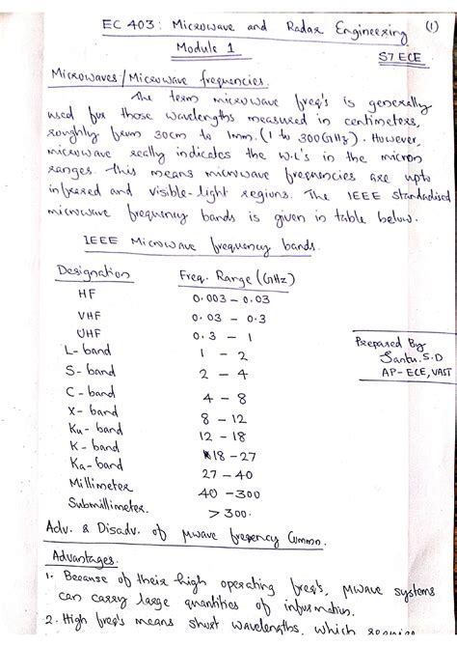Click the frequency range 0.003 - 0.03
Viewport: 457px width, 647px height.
click(x=230, y=298)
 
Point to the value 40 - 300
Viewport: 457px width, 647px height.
click(x=231, y=492)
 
